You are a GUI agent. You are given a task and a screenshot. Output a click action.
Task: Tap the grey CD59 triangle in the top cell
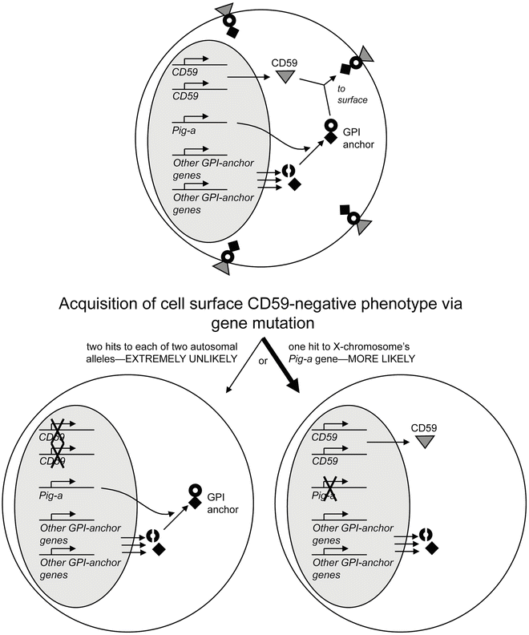283,77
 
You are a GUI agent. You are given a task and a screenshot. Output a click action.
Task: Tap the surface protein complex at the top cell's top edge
229,22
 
